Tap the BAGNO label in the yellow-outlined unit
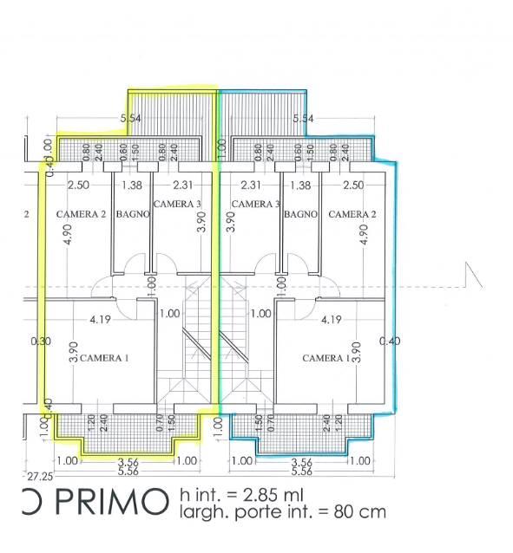(x=129, y=213)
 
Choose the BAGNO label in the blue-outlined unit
(x=300, y=214)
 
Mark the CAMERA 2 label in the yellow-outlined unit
(x=82, y=213)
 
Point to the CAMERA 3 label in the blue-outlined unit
(x=255, y=204)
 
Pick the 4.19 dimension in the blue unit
(x=331, y=320)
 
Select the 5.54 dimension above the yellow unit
(x=130, y=118)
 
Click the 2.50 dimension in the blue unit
(x=352, y=185)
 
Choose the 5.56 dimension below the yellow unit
(x=128, y=472)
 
